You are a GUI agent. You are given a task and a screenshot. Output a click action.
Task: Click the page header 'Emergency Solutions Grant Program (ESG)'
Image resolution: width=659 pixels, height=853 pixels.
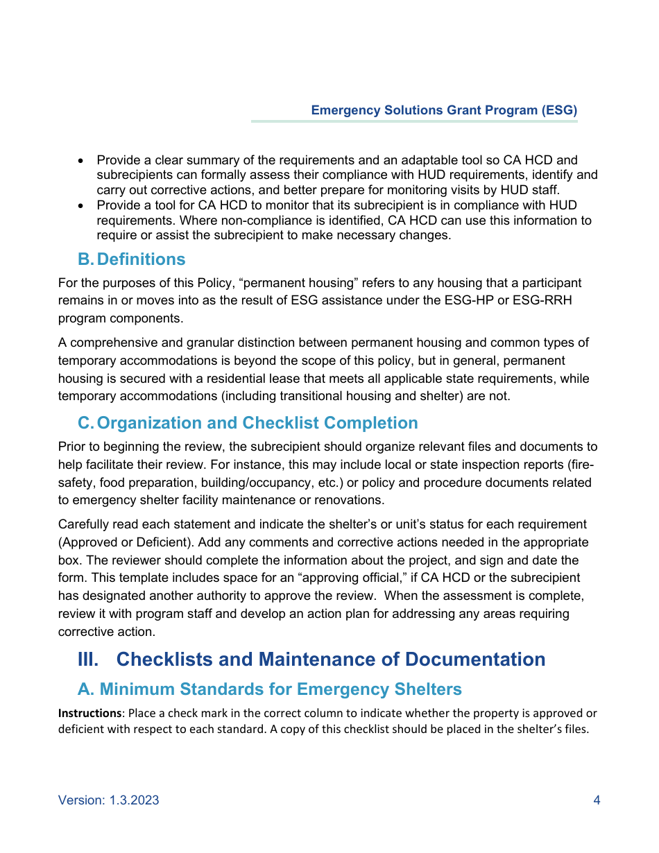point(444,110)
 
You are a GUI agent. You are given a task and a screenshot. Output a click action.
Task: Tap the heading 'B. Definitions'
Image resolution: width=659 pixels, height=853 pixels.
point(132,259)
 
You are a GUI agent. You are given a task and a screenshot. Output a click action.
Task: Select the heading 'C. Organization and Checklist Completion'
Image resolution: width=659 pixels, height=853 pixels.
point(248,423)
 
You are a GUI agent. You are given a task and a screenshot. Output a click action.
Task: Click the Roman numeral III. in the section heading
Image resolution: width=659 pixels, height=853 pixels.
point(88,660)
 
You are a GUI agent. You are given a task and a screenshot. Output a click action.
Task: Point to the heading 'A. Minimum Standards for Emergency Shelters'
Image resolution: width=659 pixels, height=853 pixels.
point(270,689)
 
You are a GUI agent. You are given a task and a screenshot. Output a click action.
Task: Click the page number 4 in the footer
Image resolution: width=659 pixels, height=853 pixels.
point(597,800)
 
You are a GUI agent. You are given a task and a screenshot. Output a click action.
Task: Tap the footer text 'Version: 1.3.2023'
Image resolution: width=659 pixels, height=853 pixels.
point(109,800)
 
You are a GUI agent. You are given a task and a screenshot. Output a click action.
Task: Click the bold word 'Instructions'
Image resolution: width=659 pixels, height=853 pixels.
point(89,714)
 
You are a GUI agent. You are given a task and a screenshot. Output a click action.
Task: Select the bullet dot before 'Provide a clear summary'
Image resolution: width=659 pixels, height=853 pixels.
point(82,160)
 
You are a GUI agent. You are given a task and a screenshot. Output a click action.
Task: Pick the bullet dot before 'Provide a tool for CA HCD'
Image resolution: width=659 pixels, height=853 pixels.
point(82,206)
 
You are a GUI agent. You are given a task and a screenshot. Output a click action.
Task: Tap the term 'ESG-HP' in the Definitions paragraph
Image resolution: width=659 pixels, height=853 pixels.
point(490,301)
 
